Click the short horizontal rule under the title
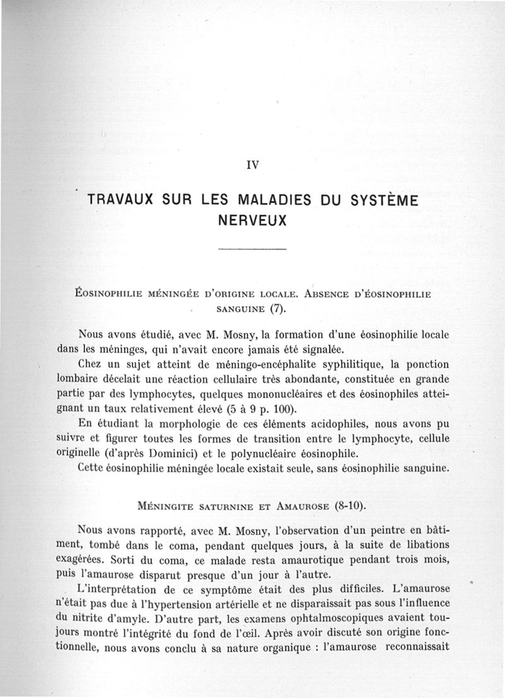click(x=252, y=250)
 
